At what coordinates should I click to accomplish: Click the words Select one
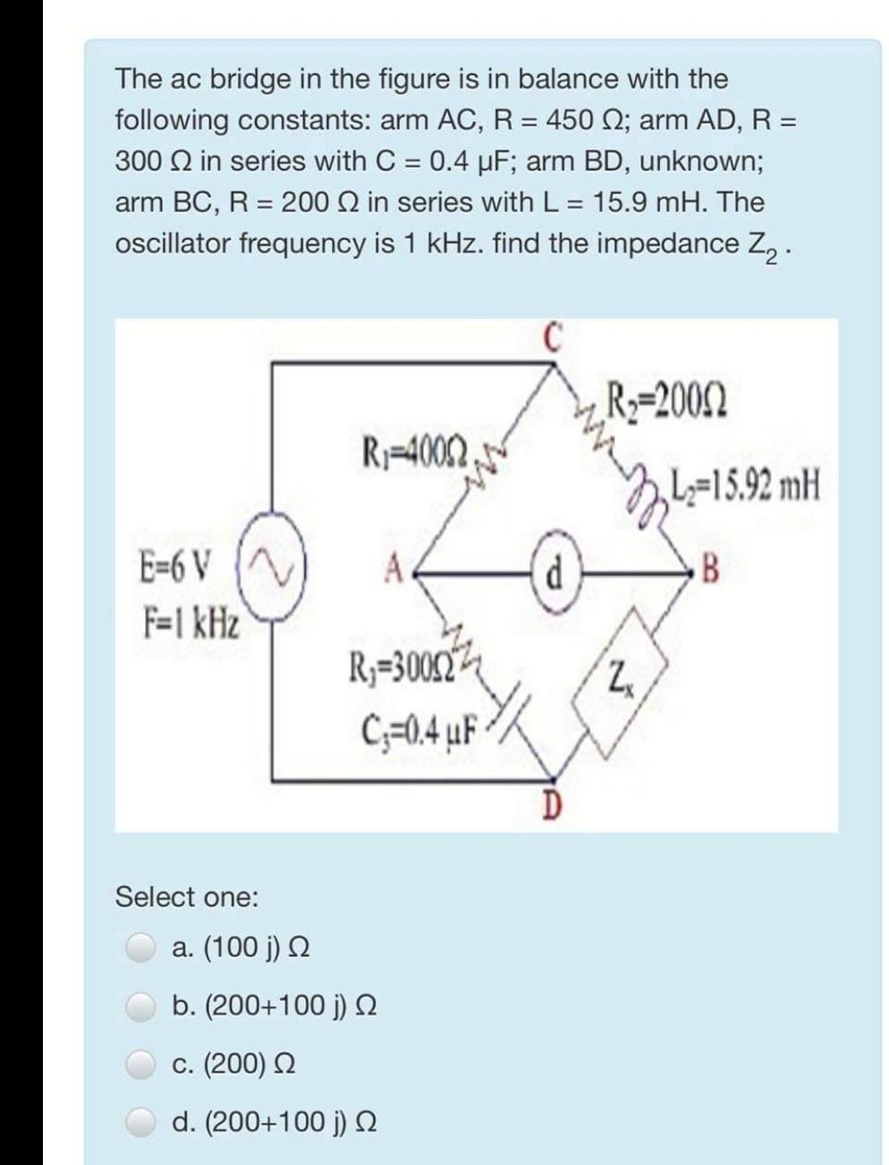(x=186, y=896)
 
